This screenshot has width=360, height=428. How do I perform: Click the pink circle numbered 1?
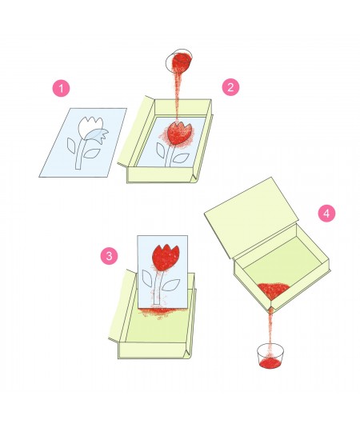(61, 88)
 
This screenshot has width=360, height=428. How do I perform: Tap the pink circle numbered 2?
(230, 87)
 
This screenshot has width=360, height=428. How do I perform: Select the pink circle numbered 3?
(109, 256)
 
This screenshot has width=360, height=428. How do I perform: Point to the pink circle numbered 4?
(326, 213)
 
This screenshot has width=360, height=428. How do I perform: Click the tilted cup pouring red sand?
(178, 61)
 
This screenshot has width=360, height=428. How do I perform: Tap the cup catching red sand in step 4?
(270, 356)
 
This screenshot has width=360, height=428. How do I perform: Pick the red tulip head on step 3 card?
(166, 258)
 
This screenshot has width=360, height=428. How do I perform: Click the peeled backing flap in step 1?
(99, 137)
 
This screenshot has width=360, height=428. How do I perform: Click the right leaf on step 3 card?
(170, 285)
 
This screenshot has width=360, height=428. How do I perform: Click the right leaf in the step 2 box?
(181, 158)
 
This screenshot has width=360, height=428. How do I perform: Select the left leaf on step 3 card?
(147, 278)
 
